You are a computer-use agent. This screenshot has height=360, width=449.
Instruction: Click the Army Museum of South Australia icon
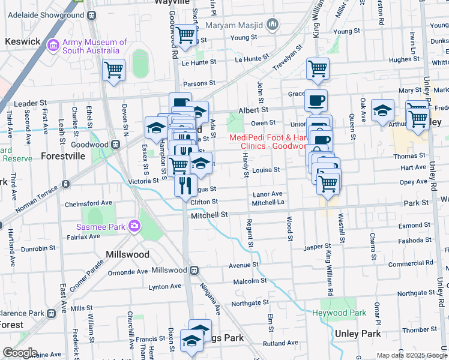point(53,44)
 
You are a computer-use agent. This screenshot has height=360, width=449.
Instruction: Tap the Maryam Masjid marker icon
point(273,25)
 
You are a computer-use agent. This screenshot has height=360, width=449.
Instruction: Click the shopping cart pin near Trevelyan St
point(317,68)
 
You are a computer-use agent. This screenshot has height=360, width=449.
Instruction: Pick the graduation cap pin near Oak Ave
point(382,110)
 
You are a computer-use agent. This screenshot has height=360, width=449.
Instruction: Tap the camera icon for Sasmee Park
point(134,226)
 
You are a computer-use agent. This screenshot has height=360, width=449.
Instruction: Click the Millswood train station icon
point(194,270)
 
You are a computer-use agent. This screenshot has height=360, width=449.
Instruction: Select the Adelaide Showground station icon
point(91,14)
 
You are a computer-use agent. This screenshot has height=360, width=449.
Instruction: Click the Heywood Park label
point(339,313)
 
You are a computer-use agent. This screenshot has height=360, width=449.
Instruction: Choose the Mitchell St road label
point(209,214)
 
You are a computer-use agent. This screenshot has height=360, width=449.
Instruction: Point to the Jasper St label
point(318,247)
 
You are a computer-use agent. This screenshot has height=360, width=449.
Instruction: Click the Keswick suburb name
point(22,41)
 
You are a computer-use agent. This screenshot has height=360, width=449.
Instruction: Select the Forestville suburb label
point(63,155)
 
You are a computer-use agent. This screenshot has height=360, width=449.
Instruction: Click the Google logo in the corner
point(20,353)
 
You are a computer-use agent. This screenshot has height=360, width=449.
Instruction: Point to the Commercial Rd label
point(410,263)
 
